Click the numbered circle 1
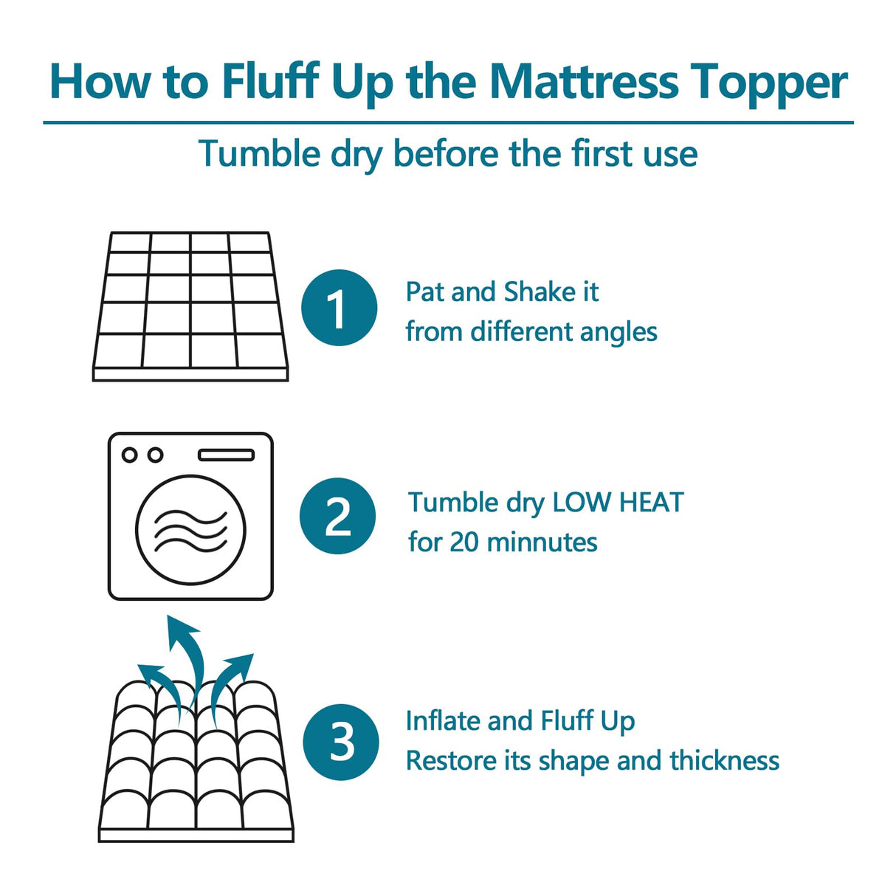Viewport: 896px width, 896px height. [339, 308]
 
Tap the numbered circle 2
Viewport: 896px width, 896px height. [337, 516]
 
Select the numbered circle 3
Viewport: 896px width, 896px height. [341, 742]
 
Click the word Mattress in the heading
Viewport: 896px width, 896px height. [583, 81]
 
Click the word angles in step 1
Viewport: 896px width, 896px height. [618, 333]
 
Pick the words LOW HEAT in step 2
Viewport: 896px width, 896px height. [618, 503]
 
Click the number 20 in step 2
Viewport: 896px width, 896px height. [464, 542]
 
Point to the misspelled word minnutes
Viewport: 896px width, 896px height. [542, 542]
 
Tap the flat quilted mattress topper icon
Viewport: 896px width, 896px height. [190, 306]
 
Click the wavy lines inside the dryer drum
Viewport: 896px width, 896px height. [190, 530]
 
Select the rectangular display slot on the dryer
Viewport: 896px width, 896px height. [226, 455]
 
